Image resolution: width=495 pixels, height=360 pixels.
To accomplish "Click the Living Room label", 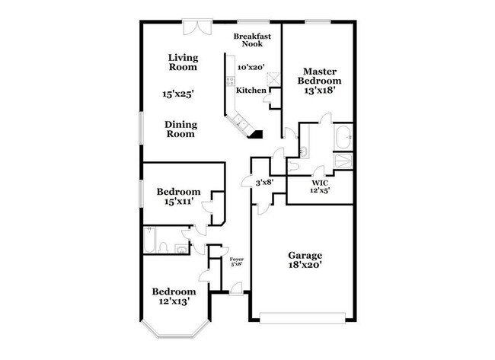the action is tap(183, 62).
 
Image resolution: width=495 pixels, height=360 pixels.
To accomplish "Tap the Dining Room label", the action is tap(180, 129).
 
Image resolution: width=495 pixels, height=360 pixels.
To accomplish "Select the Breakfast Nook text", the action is tap(252, 40).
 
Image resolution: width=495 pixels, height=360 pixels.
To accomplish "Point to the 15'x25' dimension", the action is tap(177, 94).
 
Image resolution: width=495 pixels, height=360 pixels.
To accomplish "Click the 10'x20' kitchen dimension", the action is tap(251, 67).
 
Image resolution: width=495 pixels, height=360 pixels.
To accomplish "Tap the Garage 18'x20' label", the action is tap(305, 260).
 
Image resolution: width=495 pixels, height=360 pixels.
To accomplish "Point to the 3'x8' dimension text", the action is tap(264, 182).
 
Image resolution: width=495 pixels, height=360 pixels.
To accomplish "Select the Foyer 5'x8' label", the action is tap(236, 262).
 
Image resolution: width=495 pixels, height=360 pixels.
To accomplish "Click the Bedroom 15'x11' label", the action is tap(179, 196).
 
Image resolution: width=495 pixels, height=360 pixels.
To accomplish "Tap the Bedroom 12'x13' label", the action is tap(174, 296).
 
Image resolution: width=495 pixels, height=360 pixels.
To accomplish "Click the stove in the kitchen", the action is tap(231, 81).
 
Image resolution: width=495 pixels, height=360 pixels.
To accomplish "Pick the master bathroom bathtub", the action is tap(343, 138).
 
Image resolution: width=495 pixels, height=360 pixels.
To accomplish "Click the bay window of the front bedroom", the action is tap(175, 330).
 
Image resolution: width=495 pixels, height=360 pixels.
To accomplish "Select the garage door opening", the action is tap(302, 318).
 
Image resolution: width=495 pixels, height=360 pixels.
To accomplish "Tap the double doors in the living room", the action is tap(198, 27).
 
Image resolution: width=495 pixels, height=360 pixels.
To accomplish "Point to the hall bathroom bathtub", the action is tap(148, 241).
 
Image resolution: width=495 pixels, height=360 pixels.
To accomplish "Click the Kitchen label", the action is tap(251, 91).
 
